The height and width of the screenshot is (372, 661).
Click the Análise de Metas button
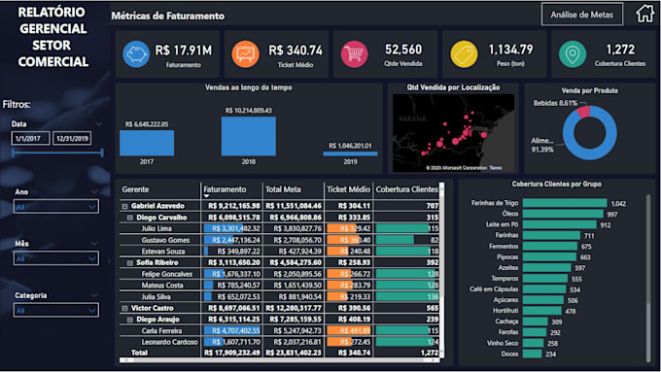[582, 15]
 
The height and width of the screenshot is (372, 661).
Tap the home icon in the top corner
[644, 14]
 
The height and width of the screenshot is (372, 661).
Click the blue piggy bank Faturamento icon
[136, 54]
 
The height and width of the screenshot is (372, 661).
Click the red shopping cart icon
[354, 54]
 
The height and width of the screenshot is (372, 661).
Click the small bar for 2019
[350, 152]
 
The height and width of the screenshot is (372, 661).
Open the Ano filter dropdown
[55, 206]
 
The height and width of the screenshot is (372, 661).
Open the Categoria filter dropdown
[55, 311]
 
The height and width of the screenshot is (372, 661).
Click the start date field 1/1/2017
[30, 139]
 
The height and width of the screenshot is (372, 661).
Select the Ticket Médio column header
[348, 190]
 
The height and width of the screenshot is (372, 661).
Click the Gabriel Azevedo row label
[158, 206]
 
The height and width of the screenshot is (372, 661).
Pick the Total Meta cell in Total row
[293, 354]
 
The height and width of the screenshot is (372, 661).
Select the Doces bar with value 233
[533, 354]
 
